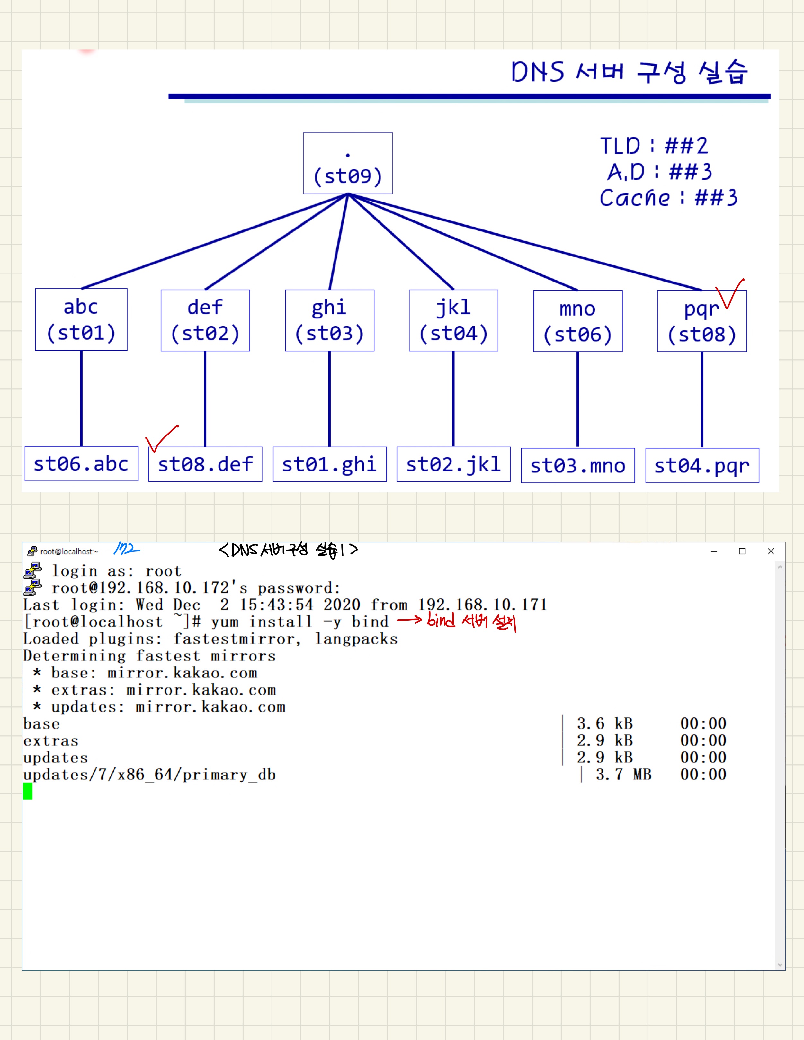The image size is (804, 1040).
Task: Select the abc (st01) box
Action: pos(81,319)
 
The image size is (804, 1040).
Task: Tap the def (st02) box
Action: pos(205,320)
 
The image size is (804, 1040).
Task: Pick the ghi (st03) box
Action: pos(329,320)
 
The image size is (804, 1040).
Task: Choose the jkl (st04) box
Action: pos(453,320)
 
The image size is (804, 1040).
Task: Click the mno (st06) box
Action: pos(577,321)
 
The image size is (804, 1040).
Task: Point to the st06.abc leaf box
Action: pos(81,464)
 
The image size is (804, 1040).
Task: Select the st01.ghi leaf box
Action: pos(329,464)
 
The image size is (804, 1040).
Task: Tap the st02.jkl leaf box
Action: pos(453,464)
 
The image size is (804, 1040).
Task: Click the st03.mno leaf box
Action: pos(577,466)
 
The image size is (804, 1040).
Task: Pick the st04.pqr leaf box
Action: pos(702,466)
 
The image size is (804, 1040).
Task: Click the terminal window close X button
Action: pos(771,551)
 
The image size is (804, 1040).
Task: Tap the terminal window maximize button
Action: pos(742,551)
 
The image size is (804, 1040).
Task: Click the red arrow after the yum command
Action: pos(409,620)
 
